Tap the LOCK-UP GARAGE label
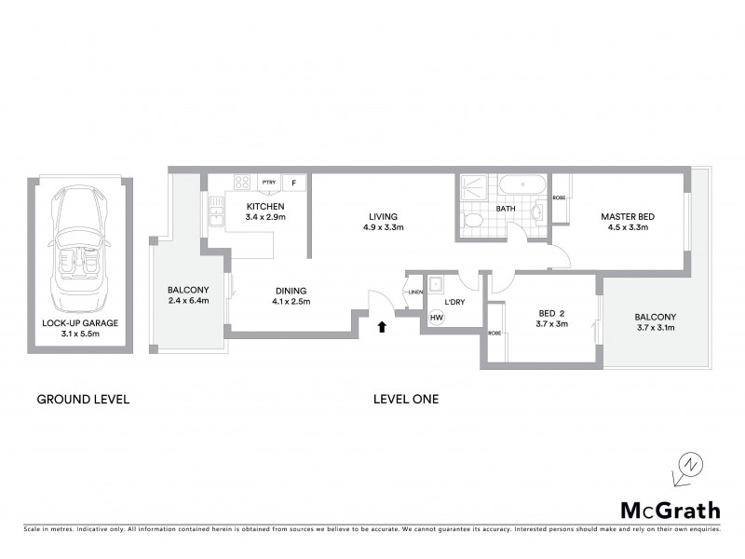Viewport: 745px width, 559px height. click(x=79, y=323)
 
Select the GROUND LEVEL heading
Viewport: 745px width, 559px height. click(x=82, y=400)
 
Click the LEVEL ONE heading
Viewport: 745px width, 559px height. click(x=405, y=400)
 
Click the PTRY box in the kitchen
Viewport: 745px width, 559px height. click(x=269, y=183)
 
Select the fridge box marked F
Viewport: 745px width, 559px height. click(x=295, y=183)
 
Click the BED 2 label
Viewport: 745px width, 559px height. click(x=553, y=313)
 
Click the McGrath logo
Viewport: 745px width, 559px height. click(x=670, y=510)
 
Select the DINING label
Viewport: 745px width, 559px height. click(x=291, y=289)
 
